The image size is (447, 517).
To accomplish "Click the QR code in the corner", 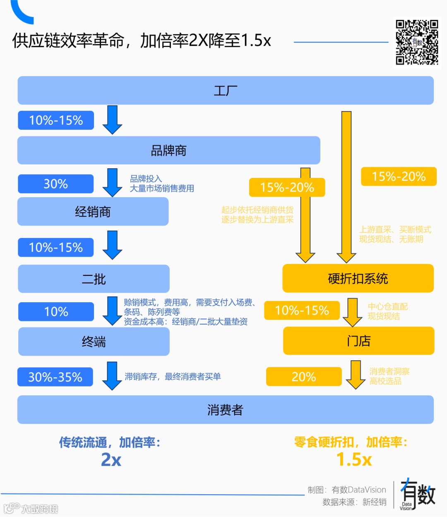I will pyautogui.click(x=417, y=42).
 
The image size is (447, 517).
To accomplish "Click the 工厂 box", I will pyautogui.click(x=226, y=90).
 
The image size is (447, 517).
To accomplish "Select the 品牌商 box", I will pyautogui.click(x=168, y=150).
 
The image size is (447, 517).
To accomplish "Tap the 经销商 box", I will pyautogui.click(x=93, y=211).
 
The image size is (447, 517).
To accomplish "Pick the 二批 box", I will pyautogui.click(x=94, y=279).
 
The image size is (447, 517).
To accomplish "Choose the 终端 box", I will pyautogui.click(x=94, y=342).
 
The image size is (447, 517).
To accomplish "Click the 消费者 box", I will pyautogui.click(x=226, y=410).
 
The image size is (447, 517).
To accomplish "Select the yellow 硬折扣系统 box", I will pyautogui.click(x=358, y=278).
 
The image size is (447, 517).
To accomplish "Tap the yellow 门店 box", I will pyautogui.click(x=358, y=341).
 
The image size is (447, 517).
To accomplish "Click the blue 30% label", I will pyautogui.click(x=56, y=184).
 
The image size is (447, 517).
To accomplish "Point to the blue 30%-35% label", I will pyautogui.click(x=55, y=377).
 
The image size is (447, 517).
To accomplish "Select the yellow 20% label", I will pyautogui.click(x=304, y=376).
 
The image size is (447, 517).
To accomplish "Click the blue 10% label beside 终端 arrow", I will pyautogui.click(x=56, y=311).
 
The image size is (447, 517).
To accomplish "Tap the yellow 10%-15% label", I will pyautogui.click(x=302, y=310).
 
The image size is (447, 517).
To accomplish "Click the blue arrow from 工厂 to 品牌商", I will pyautogui.click(x=112, y=119).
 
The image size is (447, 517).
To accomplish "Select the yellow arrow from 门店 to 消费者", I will pyautogui.click(x=356, y=374).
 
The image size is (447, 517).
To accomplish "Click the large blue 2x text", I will pyautogui.click(x=111, y=459).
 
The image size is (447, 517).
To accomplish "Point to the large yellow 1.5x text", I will pyautogui.click(x=354, y=459).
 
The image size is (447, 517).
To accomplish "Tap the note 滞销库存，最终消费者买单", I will pyautogui.click(x=173, y=376).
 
